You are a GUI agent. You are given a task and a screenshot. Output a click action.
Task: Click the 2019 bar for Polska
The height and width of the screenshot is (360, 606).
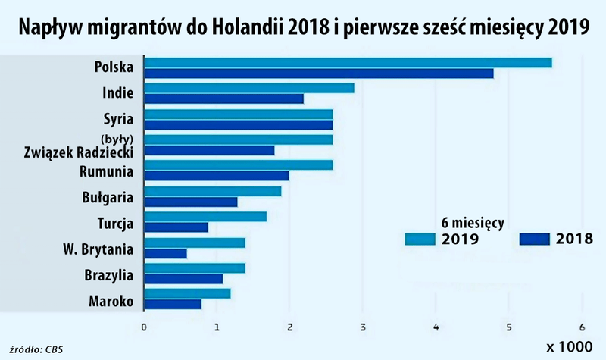point(348,63)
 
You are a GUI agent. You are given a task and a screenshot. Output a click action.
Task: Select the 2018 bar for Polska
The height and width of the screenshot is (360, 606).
point(318,74)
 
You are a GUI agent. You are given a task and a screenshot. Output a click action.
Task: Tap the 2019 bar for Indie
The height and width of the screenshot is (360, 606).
point(249,89)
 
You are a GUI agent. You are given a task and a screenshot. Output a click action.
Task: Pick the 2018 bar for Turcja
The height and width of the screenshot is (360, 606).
point(176,227)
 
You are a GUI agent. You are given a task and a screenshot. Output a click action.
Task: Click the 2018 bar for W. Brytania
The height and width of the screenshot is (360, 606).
point(165,253)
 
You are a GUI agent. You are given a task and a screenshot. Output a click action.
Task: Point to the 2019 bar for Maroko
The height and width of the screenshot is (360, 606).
point(187,293)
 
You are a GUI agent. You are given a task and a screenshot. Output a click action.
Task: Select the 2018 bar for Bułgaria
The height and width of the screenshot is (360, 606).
point(190,202)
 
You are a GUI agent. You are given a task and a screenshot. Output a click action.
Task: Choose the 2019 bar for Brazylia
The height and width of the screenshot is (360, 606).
point(195,268)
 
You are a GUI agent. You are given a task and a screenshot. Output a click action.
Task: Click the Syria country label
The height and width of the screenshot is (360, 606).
point(118,119)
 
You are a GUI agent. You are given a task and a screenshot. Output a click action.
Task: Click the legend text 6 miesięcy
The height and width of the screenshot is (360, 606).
point(473,224)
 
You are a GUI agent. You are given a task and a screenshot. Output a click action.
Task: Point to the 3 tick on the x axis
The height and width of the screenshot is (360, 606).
point(363,328)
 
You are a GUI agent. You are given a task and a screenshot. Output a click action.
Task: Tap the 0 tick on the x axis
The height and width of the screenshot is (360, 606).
point(144,328)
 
